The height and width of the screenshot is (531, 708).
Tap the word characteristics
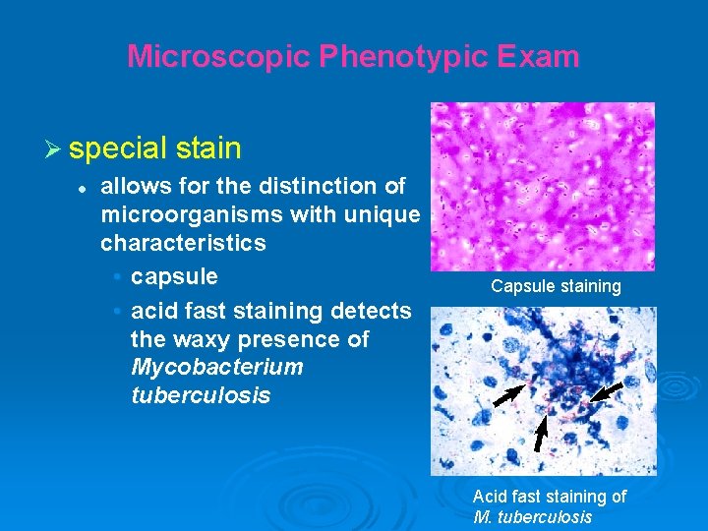click(x=183, y=243)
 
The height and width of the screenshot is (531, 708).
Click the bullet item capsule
click(x=174, y=275)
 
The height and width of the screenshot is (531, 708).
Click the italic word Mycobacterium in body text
click(x=216, y=367)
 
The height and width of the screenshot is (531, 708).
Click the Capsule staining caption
click(x=557, y=286)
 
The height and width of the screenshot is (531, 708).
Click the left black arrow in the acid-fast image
click(x=508, y=395)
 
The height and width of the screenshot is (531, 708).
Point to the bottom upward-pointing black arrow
click(x=541, y=434)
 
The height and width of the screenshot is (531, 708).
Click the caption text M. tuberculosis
click(x=532, y=517)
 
